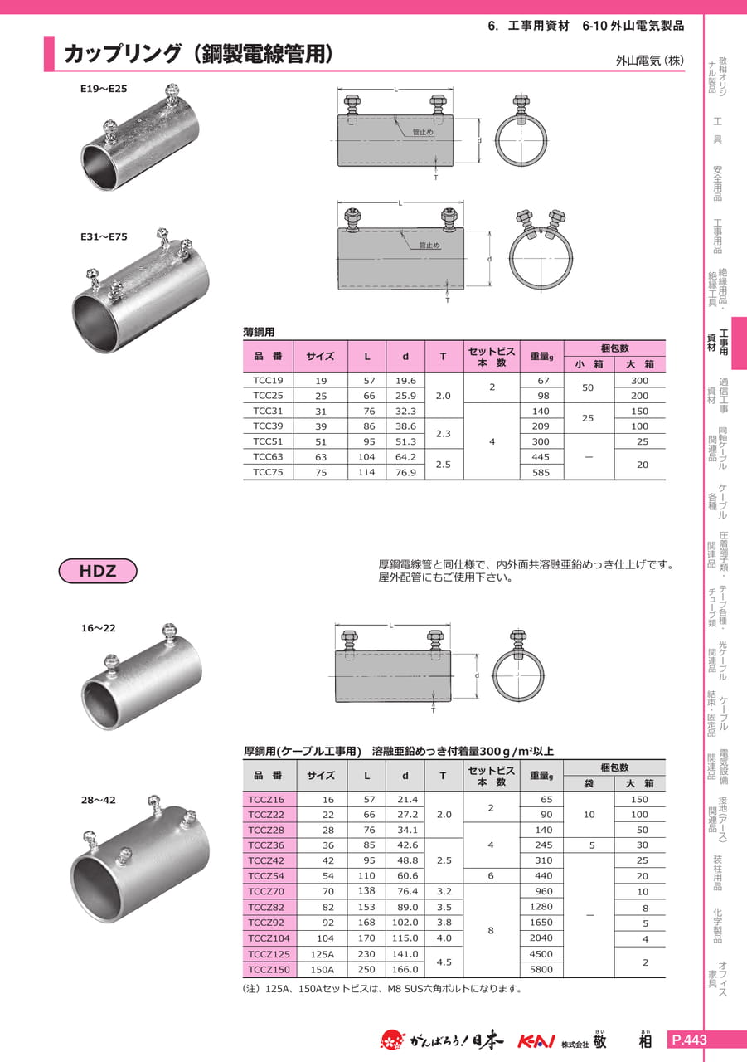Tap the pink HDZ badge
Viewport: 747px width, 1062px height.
(x=98, y=570)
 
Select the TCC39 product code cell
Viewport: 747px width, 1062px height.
(x=268, y=426)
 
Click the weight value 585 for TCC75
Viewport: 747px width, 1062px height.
(x=541, y=472)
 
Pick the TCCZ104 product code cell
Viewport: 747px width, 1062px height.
(x=269, y=938)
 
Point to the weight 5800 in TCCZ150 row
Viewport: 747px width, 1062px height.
(x=541, y=969)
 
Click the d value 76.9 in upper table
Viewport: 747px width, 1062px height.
(x=405, y=472)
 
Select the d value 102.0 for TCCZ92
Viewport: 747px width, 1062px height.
(x=405, y=922)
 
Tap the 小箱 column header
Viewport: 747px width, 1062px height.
(x=589, y=364)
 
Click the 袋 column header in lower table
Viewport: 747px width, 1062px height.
(x=589, y=783)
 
